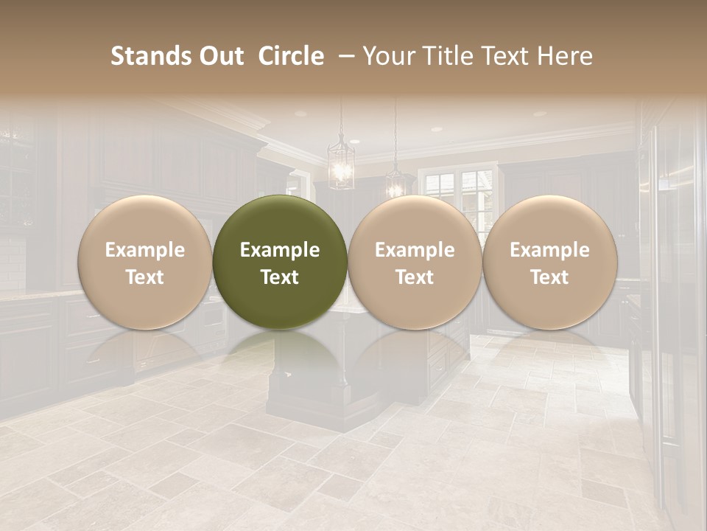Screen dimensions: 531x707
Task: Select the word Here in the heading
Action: pyautogui.click(x=565, y=56)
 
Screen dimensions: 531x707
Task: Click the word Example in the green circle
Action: pyautogui.click(x=280, y=250)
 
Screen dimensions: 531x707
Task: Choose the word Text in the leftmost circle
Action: pyautogui.click(x=144, y=277)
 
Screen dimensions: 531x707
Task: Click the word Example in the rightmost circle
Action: pyautogui.click(x=549, y=250)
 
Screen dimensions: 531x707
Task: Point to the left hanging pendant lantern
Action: pyautogui.click(x=340, y=164)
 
